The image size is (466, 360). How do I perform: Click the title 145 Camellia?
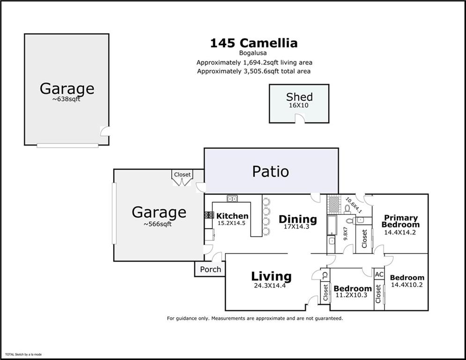(x=253, y=43)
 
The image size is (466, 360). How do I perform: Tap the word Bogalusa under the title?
(x=253, y=53)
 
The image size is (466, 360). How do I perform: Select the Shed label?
(x=299, y=97)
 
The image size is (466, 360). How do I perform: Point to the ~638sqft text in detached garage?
(x=67, y=99)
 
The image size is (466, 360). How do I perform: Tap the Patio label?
(x=270, y=171)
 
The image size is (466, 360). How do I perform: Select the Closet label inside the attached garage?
(x=182, y=174)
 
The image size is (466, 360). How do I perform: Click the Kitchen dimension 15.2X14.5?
(x=232, y=223)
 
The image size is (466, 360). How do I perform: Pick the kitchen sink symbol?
(x=232, y=199)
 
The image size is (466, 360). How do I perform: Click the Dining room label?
(x=297, y=219)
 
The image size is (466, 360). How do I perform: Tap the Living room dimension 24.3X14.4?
(x=270, y=285)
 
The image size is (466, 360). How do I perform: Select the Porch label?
(x=210, y=270)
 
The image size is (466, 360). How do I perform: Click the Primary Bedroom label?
(x=400, y=221)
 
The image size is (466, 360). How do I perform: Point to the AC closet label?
(x=379, y=274)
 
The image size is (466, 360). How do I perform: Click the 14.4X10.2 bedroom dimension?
(x=406, y=285)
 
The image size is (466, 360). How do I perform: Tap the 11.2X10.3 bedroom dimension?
(x=351, y=295)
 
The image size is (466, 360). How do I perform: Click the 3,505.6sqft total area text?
(x=253, y=71)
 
